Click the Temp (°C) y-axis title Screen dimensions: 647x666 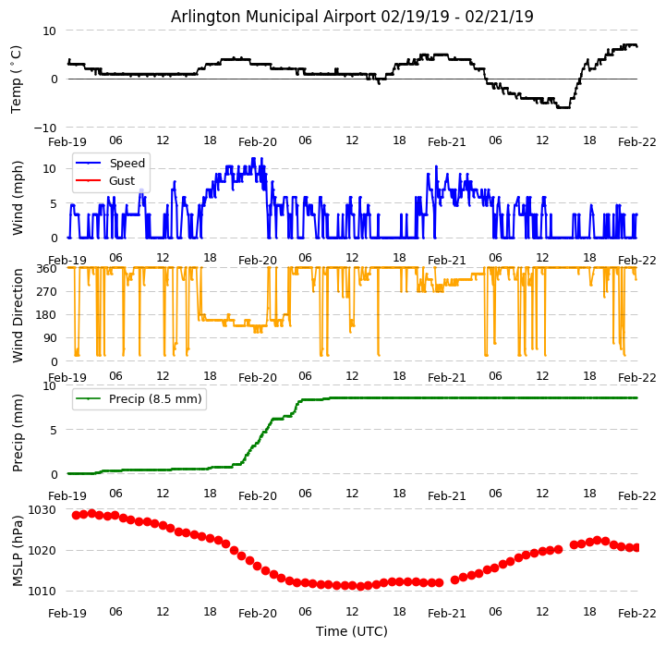click(17, 79)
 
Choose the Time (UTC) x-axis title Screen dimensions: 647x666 click(352, 631)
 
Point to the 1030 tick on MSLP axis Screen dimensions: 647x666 click(42, 509)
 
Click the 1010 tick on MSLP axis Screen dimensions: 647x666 click(42, 591)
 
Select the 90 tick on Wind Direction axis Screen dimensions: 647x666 click(50, 338)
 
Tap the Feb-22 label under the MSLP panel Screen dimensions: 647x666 click(637, 612)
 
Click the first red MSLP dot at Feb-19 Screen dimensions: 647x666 click(76, 515)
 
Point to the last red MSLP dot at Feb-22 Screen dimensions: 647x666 click(636, 547)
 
